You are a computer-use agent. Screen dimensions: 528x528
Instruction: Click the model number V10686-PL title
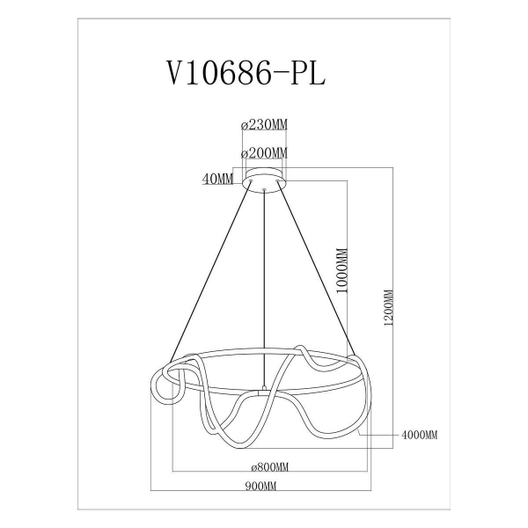[246, 74]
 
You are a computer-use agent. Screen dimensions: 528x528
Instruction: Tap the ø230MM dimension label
[264, 125]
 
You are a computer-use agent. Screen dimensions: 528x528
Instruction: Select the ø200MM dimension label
[264, 153]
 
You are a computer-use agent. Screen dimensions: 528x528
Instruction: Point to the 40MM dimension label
[217, 180]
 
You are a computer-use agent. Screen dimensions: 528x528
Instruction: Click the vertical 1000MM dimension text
[342, 271]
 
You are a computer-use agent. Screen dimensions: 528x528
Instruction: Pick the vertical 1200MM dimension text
[389, 307]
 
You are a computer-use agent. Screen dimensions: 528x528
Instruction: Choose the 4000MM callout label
[420, 435]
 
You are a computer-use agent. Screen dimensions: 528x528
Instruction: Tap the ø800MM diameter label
[270, 467]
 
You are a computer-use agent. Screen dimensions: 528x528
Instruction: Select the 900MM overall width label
[260, 486]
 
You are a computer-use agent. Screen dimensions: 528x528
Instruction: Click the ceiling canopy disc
[264, 179]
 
